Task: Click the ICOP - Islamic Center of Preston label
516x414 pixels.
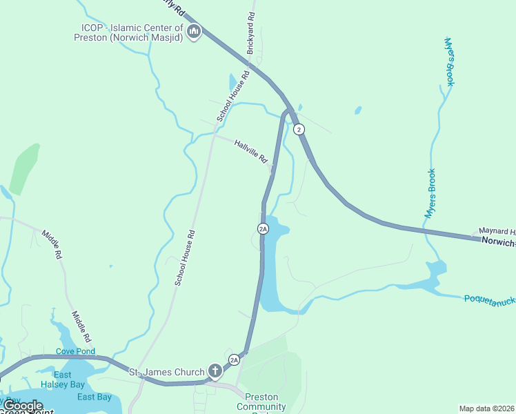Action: (131, 32)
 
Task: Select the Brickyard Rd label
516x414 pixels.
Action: (251, 33)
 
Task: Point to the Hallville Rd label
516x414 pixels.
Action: (251, 151)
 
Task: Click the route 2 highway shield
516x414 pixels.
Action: (298, 129)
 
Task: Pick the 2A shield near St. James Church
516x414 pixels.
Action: (234, 359)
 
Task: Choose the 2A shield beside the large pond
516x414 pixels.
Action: (263, 228)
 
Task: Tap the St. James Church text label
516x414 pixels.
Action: (167, 373)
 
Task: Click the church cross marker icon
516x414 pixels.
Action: (215, 372)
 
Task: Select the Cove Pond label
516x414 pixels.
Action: (75, 352)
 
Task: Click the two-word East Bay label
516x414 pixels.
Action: (95, 397)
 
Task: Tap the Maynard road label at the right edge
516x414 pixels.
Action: (497, 232)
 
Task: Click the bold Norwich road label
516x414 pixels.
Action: (498, 242)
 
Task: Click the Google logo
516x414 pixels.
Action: (23, 406)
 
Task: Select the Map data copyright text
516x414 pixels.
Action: (487, 408)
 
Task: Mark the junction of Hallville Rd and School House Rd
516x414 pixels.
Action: (214, 135)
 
